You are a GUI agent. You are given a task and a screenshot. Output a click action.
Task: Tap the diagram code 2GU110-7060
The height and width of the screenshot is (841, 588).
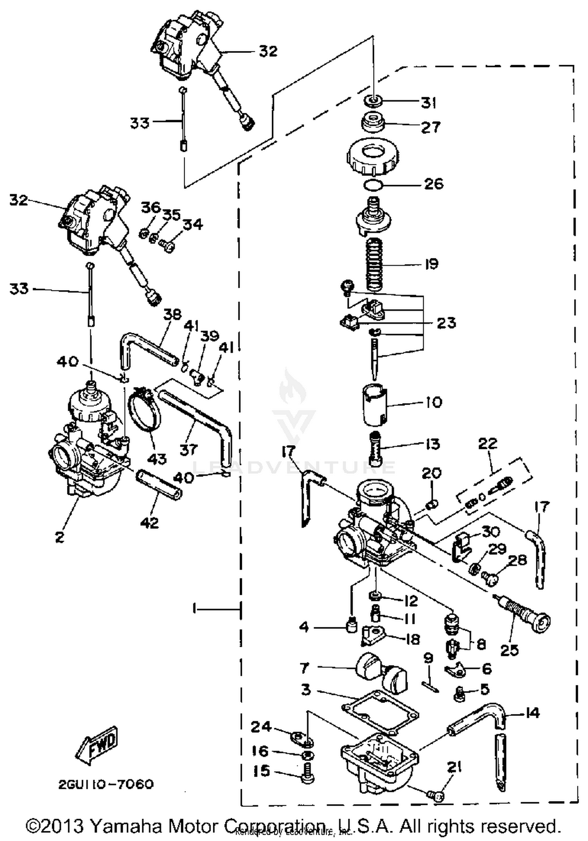pos(106,785)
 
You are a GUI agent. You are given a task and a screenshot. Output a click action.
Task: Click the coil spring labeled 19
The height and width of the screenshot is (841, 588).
pos(374,265)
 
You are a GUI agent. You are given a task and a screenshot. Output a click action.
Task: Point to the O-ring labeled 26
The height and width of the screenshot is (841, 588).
pos(372,184)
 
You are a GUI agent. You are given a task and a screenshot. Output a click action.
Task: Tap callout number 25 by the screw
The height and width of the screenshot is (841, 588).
pos(510,650)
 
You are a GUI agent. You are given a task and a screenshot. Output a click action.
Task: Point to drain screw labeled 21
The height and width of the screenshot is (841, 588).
pos(435,795)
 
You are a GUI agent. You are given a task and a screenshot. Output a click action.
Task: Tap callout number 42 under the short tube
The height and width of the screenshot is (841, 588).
pos(150,522)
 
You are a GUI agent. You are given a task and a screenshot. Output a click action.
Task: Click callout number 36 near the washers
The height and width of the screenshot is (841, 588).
pos(151,207)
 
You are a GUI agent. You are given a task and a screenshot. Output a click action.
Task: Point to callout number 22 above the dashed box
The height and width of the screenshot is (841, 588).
pos(487,443)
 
